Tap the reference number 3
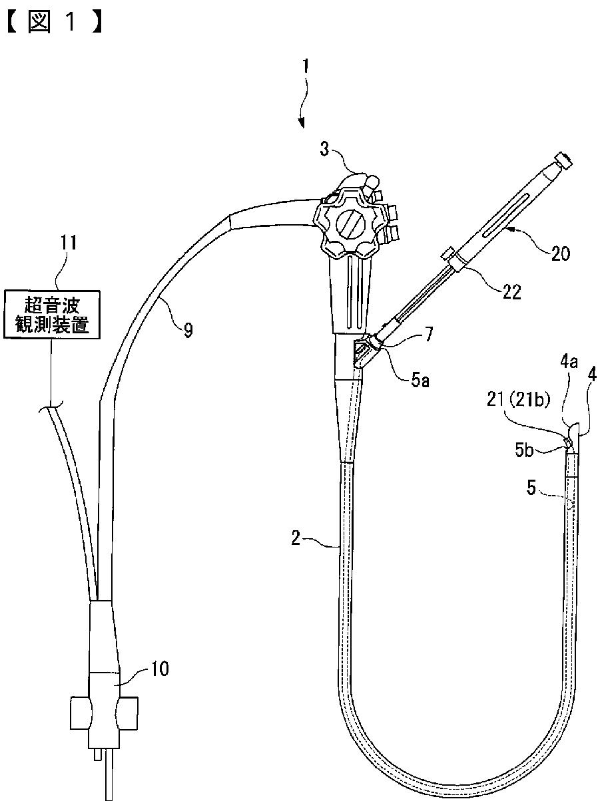point(324,150)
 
